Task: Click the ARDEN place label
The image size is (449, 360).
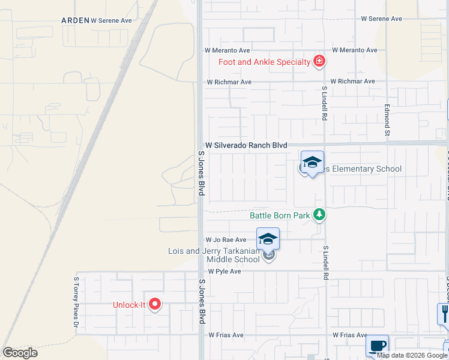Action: pyautogui.click(x=75, y=20)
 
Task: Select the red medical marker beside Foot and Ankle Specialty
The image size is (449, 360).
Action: pyautogui.click(x=319, y=61)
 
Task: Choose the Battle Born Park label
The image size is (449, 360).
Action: pyautogui.click(x=280, y=215)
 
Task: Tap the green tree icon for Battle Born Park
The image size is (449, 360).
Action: pyautogui.click(x=320, y=214)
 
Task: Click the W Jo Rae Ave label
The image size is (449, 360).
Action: pyautogui.click(x=226, y=239)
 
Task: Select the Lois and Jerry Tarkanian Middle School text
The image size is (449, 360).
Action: pyautogui.click(x=214, y=255)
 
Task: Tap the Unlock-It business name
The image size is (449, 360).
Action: pyautogui.click(x=129, y=305)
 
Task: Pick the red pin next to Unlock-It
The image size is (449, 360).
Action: pyautogui.click(x=155, y=304)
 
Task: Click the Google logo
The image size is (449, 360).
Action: pyautogui.click(x=20, y=352)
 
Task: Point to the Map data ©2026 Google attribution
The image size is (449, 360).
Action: pyautogui.click(x=411, y=355)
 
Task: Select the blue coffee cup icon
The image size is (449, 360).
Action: pyautogui.click(x=377, y=346)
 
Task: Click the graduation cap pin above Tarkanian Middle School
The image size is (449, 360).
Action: pyautogui.click(x=268, y=239)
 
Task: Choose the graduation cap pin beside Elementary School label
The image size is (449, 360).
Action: pyautogui.click(x=312, y=162)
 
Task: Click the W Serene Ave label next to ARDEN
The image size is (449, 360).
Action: pyautogui.click(x=111, y=20)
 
